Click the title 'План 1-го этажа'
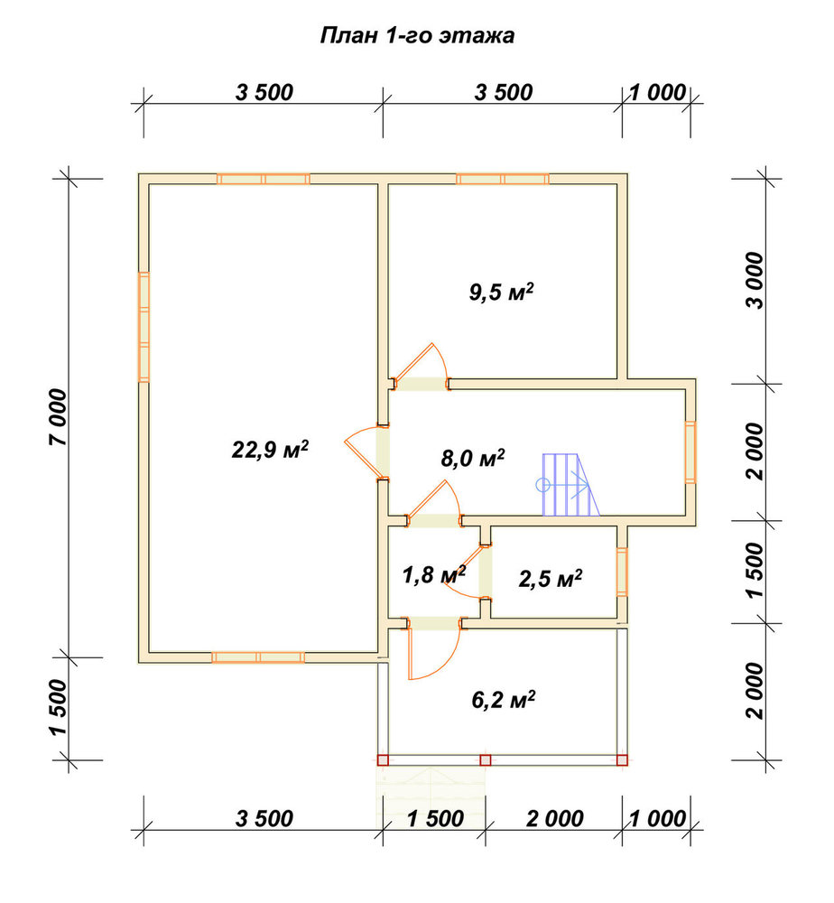click(417, 36)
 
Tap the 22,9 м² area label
click(270, 449)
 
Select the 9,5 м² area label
click(501, 292)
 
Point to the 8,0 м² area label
click(473, 459)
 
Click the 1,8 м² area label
click(433, 574)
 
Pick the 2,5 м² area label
click(551, 579)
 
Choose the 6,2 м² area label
click(503, 700)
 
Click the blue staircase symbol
click(568, 484)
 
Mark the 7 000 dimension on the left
click(58, 417)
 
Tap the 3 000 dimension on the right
click(755, 281)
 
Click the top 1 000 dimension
click(657, 92)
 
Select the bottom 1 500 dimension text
click(435, 818)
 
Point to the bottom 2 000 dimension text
click(555, 818)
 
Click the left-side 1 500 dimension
click(58, 708)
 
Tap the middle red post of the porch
click(486, 760)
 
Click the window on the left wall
click(144, 327)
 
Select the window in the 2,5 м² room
click(622, 572)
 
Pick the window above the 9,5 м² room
click(503, 179)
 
